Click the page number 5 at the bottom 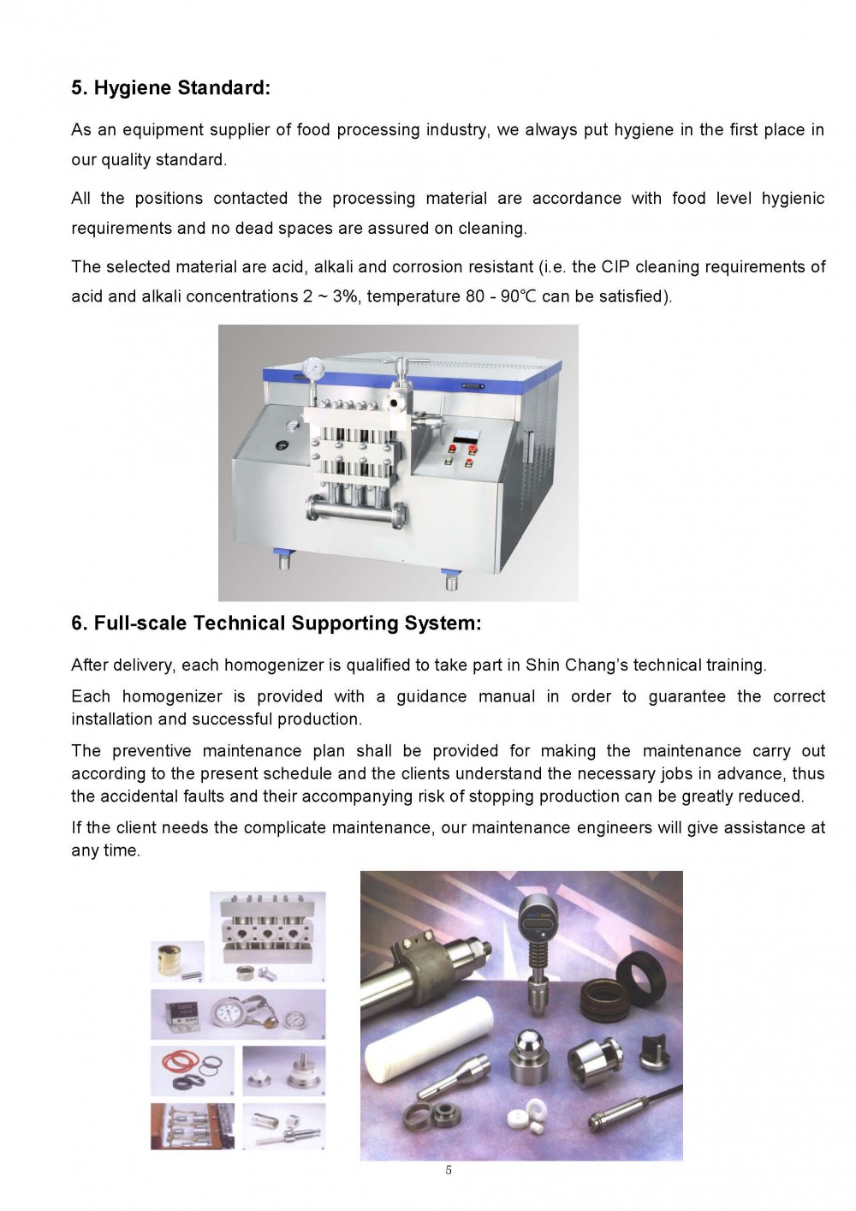pyautogui.click(x=449, y=1171)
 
